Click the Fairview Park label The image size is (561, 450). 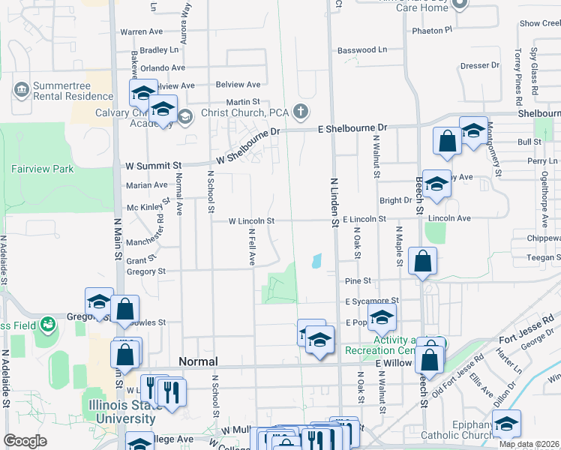coord(42,169)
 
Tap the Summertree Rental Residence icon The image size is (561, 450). coord(21,91)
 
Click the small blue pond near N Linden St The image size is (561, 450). coord(316,261)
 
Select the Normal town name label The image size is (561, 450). coord(198,361)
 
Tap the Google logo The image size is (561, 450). coord(25,441)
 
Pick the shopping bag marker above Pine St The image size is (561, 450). coord(423,261)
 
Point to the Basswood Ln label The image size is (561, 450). coord(362,50)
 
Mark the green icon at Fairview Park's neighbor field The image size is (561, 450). coord(48,325)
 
